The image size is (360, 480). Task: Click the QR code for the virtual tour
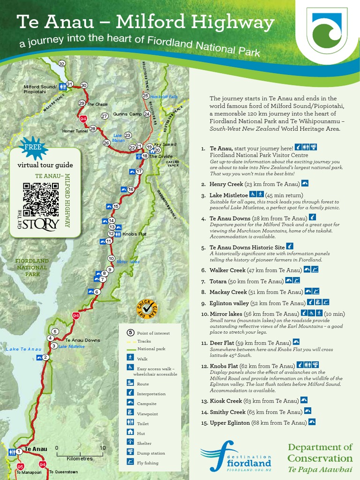[x=41, y=199]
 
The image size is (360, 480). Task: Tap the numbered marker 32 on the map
[x=61, y=64]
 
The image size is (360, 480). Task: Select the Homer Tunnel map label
[x=75, y=131]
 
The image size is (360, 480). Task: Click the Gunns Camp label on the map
[x=127, y=114]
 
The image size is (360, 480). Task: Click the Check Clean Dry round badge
[x=146, y=309]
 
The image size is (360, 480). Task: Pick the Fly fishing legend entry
[x=147, y=463]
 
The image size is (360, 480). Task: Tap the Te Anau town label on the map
[x=36, y=449]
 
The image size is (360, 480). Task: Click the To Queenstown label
[x=63, y=472]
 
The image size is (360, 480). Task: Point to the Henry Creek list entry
[x=226, y=184]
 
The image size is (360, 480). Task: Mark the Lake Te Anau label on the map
[x=23, y=349]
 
